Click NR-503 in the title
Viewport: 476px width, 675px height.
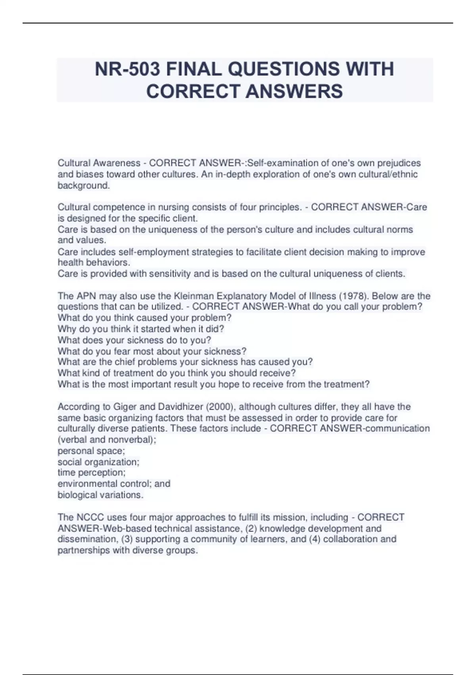click(x=127, y=69)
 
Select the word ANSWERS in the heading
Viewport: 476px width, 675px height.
click(x=294, y=91)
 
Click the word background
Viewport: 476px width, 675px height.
click(x=83, y=185)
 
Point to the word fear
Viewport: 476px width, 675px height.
click(x=122, y=351)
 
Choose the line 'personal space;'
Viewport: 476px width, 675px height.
click(x=91, y=451)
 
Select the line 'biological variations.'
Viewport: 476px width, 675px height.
click(x=100, y=495)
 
